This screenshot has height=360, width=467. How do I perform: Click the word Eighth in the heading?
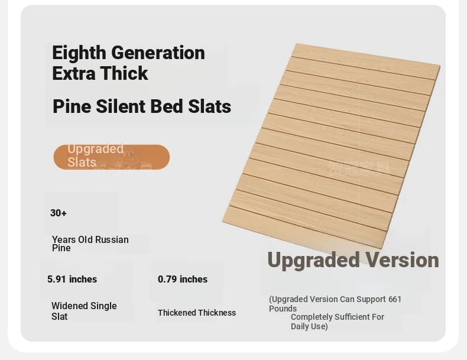(79, 53)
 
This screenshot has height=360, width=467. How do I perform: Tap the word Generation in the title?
(158, 53)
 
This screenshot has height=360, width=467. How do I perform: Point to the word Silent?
(121, 106)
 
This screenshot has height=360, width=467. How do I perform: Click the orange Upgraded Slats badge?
(111, 157)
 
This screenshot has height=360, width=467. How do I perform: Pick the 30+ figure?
(59, 213)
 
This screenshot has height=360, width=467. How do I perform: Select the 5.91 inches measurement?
(72, 279)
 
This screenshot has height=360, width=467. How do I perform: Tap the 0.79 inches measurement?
(183, 279)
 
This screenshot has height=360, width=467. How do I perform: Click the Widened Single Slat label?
(84, 311)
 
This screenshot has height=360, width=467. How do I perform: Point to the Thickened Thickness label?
(197, 313)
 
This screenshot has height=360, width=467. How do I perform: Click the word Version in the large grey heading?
(402, 260)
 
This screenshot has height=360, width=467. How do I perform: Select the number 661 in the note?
(395, 299)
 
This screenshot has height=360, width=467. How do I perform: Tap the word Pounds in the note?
(283, 309)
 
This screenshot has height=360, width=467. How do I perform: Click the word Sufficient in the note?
(345, 317)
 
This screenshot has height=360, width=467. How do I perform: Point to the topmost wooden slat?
(365, 61)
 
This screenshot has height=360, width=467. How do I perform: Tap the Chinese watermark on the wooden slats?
(359, 168)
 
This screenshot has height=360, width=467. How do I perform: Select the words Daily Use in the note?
(309, 326)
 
